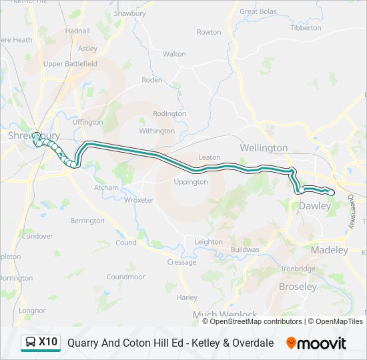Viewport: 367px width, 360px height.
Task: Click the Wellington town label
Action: point(264,147)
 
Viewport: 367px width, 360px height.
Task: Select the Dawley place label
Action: point(314,207)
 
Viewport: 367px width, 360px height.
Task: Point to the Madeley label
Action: point(330,250)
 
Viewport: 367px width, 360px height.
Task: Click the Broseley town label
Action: point(298,287)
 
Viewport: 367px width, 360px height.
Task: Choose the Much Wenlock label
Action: point(225,315)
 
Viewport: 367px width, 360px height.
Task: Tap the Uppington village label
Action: point(191,182)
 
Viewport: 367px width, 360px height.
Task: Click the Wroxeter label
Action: point(139,200)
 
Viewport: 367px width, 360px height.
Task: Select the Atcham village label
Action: point(106,188)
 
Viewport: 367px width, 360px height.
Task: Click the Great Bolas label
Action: point(258,11)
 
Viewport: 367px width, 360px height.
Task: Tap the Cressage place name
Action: point(181,262)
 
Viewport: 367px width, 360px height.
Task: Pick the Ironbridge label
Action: point(298,269)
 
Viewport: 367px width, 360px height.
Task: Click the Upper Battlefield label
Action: point(71,64)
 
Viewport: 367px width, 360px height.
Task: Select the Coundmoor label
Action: point(125,277)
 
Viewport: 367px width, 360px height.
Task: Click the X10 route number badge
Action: point(48,343)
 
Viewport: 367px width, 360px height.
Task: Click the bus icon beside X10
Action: point(31,343)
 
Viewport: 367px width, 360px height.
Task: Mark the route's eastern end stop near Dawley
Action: point(331,193)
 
